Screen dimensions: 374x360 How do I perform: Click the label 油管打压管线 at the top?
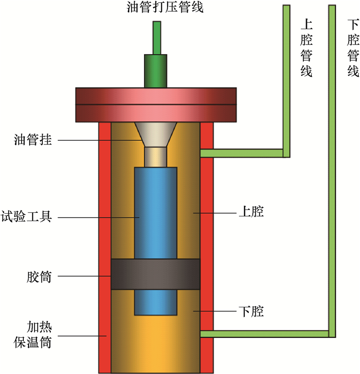point(155,8)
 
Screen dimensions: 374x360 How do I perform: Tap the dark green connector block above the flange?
point(155,71)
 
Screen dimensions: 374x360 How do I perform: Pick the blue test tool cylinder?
point(156,212)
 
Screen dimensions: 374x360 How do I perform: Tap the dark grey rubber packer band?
point(155,274)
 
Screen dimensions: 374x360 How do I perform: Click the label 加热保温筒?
point(33,336)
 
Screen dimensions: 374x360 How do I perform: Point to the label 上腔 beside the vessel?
point(250,212)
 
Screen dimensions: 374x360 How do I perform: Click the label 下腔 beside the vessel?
point(250,311)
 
